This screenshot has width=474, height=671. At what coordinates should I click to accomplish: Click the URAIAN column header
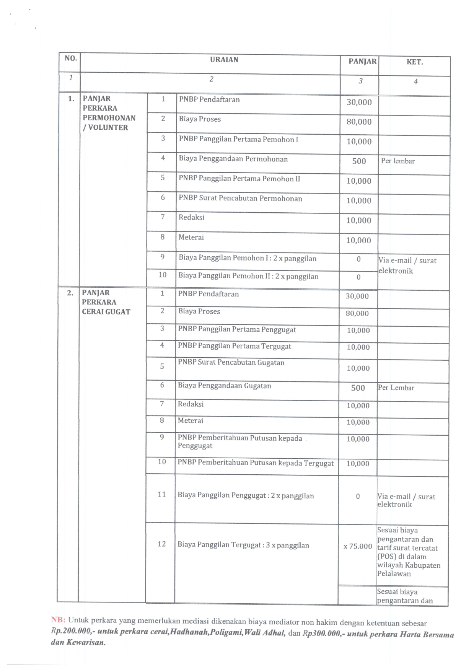coord(224,60)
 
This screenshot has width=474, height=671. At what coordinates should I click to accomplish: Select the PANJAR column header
coord(362,61)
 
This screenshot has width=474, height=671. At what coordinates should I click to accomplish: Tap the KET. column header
coord(414,62)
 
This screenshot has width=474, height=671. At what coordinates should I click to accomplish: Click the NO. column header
coord(71,58)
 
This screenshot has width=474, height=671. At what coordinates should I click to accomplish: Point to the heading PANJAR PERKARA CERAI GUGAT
coord(106,302)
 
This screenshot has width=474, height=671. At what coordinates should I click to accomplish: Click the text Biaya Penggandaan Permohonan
coord(233,159)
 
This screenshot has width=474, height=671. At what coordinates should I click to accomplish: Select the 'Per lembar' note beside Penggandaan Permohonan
coord(397,161)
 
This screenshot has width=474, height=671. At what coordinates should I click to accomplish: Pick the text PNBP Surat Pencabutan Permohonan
coord(240,199)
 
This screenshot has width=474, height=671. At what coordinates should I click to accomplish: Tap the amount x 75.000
coord(357,546)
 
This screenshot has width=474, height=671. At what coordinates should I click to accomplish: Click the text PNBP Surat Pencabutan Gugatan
coord(231,363)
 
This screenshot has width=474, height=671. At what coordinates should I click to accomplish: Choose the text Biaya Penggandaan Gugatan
coord(224,386)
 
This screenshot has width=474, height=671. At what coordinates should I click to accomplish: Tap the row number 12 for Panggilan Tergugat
coord(161,544)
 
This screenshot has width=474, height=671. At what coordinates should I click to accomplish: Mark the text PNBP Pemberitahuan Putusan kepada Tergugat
coord(255,463)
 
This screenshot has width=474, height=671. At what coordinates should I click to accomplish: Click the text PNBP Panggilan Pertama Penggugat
coord(237,329)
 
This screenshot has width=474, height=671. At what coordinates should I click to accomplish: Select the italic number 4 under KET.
coord(415,81)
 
